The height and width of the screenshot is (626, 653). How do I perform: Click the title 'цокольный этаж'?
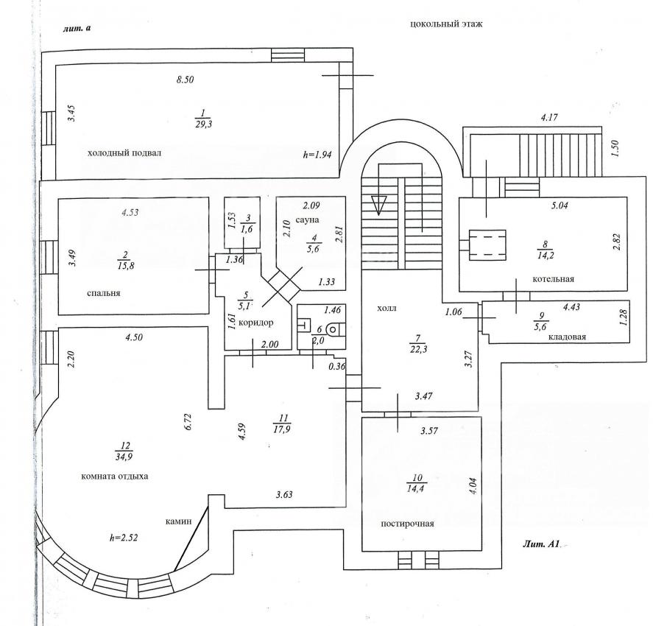445,24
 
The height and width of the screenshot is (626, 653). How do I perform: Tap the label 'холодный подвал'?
124,153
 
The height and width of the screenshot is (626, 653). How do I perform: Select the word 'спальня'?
103,292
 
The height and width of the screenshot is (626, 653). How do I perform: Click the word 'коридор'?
257,323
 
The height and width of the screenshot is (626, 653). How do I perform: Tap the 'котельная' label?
554,280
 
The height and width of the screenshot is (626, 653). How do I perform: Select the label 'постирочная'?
407,524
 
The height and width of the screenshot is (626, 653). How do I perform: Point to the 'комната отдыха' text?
114,476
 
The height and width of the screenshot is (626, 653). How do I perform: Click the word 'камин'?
178,521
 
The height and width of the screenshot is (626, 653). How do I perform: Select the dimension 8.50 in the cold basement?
184,80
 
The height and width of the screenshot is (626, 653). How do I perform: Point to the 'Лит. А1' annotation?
541,545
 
